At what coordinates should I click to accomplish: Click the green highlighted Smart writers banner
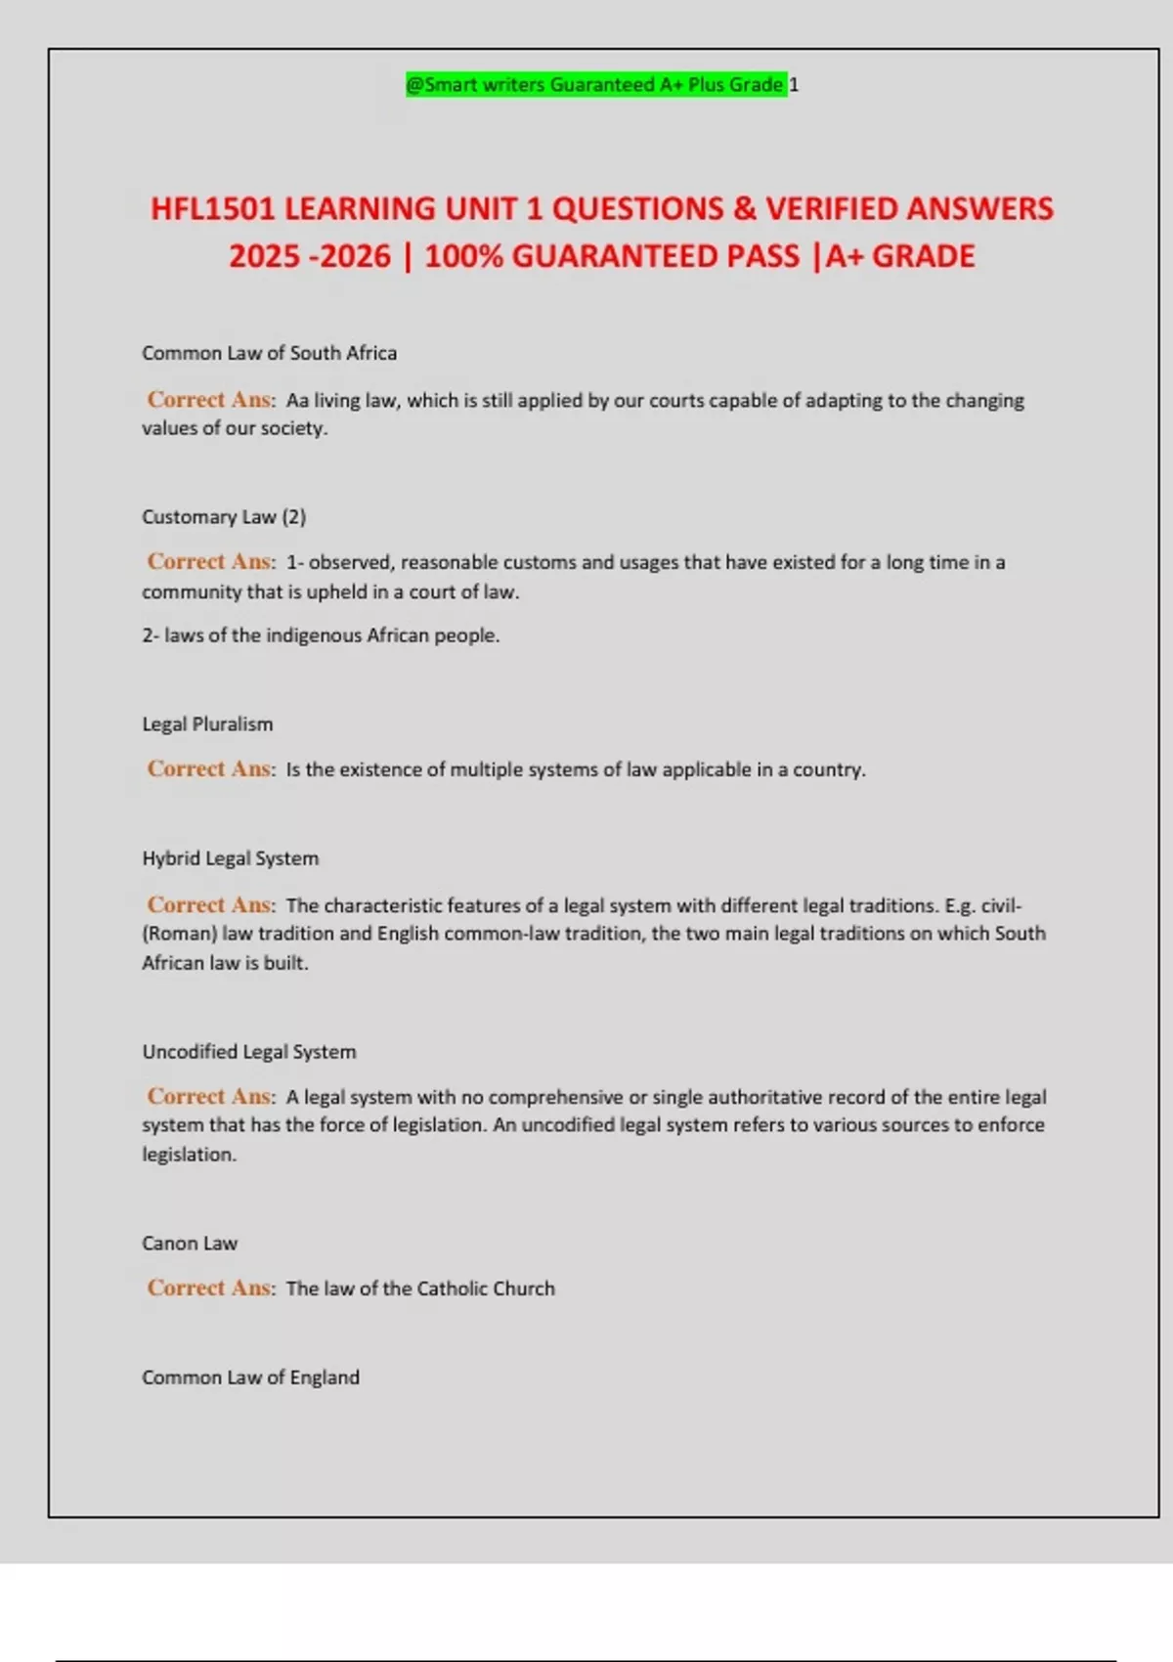(596, 85)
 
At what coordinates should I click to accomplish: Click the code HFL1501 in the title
(212, 209)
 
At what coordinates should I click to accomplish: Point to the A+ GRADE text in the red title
(900, 256)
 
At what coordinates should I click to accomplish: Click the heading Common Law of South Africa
(269, 353)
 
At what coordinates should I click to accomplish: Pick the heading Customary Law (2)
(224, 516)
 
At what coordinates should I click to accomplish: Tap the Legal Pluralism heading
(207, 724)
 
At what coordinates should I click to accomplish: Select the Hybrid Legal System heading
(230, 858)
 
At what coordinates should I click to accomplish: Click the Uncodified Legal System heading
(249, 1052)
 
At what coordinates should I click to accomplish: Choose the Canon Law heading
(190, 1244)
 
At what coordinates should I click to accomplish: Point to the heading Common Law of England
(250, 1378)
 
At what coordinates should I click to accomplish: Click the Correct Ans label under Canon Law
(210, 1289)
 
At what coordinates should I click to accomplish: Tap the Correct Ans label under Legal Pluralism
(210, 769)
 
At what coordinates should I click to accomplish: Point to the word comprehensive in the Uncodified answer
(555, 1097)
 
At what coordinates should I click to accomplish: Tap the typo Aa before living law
(297, 401)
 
